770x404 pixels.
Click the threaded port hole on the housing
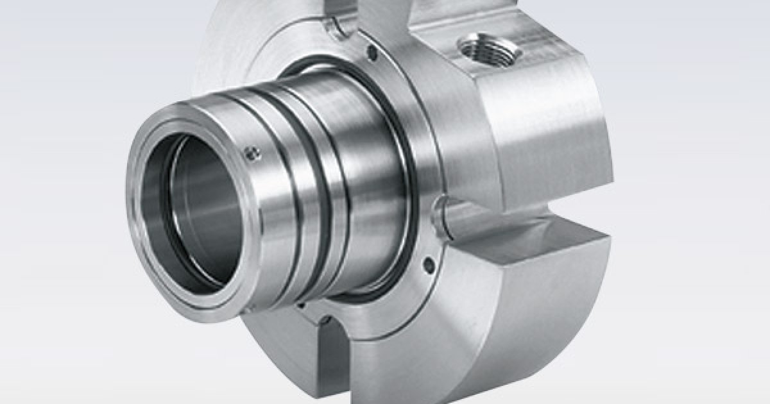489,49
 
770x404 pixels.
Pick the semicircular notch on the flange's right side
441,215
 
